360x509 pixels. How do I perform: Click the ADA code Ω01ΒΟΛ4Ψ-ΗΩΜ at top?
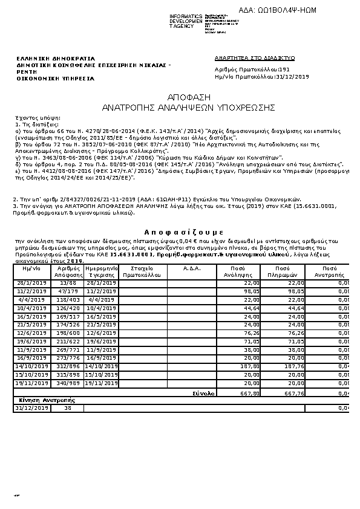[287, 10]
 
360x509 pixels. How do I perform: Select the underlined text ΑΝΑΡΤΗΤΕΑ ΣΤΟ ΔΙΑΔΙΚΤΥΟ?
[254, 58]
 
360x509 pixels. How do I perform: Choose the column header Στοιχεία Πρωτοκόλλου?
[141, 271]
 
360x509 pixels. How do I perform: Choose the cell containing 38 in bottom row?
[67, 409]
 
